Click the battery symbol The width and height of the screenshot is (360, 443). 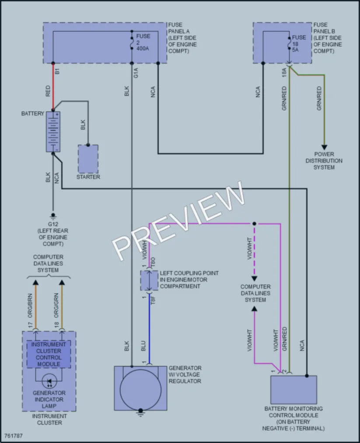coord(53,132)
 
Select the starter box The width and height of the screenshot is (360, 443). coord(88,159)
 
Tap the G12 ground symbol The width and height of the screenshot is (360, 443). coord(53,216)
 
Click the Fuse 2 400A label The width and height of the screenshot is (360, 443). coord(143,42)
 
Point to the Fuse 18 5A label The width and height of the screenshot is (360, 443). coord(299,43)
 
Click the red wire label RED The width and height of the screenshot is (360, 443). coord(48,91)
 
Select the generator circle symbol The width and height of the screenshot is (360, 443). coord(140,390)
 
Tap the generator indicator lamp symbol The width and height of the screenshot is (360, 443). coord(49,381)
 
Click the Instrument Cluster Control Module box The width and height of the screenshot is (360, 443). coord(49,354)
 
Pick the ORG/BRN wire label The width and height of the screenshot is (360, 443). coord(30,306)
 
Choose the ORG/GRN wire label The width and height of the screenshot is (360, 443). coord(56,306)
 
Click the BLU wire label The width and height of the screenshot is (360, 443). coord(143,346)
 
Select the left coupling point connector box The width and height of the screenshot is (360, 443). coord(149,281)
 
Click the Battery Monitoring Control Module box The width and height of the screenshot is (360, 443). coord(294,390)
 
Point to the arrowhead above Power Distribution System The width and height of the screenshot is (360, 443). coord(325,147)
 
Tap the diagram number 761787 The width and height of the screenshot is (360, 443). coord(13,436)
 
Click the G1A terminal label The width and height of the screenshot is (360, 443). coord(136,73)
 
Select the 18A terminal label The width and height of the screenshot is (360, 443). coord(284,72)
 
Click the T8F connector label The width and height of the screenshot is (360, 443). coord(153,300)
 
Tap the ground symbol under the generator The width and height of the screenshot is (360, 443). coord(140,413)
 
